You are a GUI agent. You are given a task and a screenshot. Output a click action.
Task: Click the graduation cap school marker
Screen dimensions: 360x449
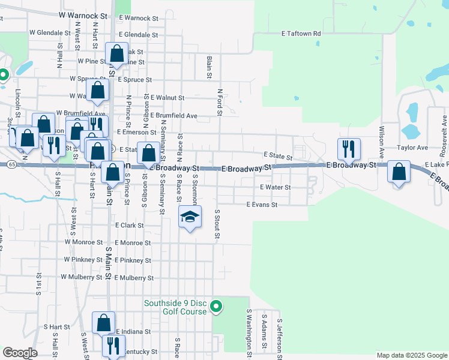pyautogui.click(x=190, y=217)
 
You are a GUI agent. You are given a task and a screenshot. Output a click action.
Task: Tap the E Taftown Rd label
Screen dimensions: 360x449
pyautogui.click(x=301, y=34)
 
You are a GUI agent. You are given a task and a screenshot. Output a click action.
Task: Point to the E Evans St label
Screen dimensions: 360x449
pyautogui.click(x=262, y=205)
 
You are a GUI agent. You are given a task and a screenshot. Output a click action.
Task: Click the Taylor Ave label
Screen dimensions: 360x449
pyautogui.click(x=412, y=147)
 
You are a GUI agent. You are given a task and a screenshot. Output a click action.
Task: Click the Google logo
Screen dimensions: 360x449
pyautogui.click(x=19, y=353)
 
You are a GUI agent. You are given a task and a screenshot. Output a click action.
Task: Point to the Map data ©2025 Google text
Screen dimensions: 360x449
pyautogui.click(x=412, y=355)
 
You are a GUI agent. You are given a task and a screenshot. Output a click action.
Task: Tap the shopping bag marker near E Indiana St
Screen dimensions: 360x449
pyautogui.click(x=103, y=323)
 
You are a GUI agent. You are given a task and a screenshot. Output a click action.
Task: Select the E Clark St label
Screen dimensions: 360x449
pyautogui.click(x=129, y=225)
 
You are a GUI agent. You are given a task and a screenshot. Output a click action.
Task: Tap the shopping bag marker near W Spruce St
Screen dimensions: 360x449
pyautogui.click(x=98, y=91)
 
